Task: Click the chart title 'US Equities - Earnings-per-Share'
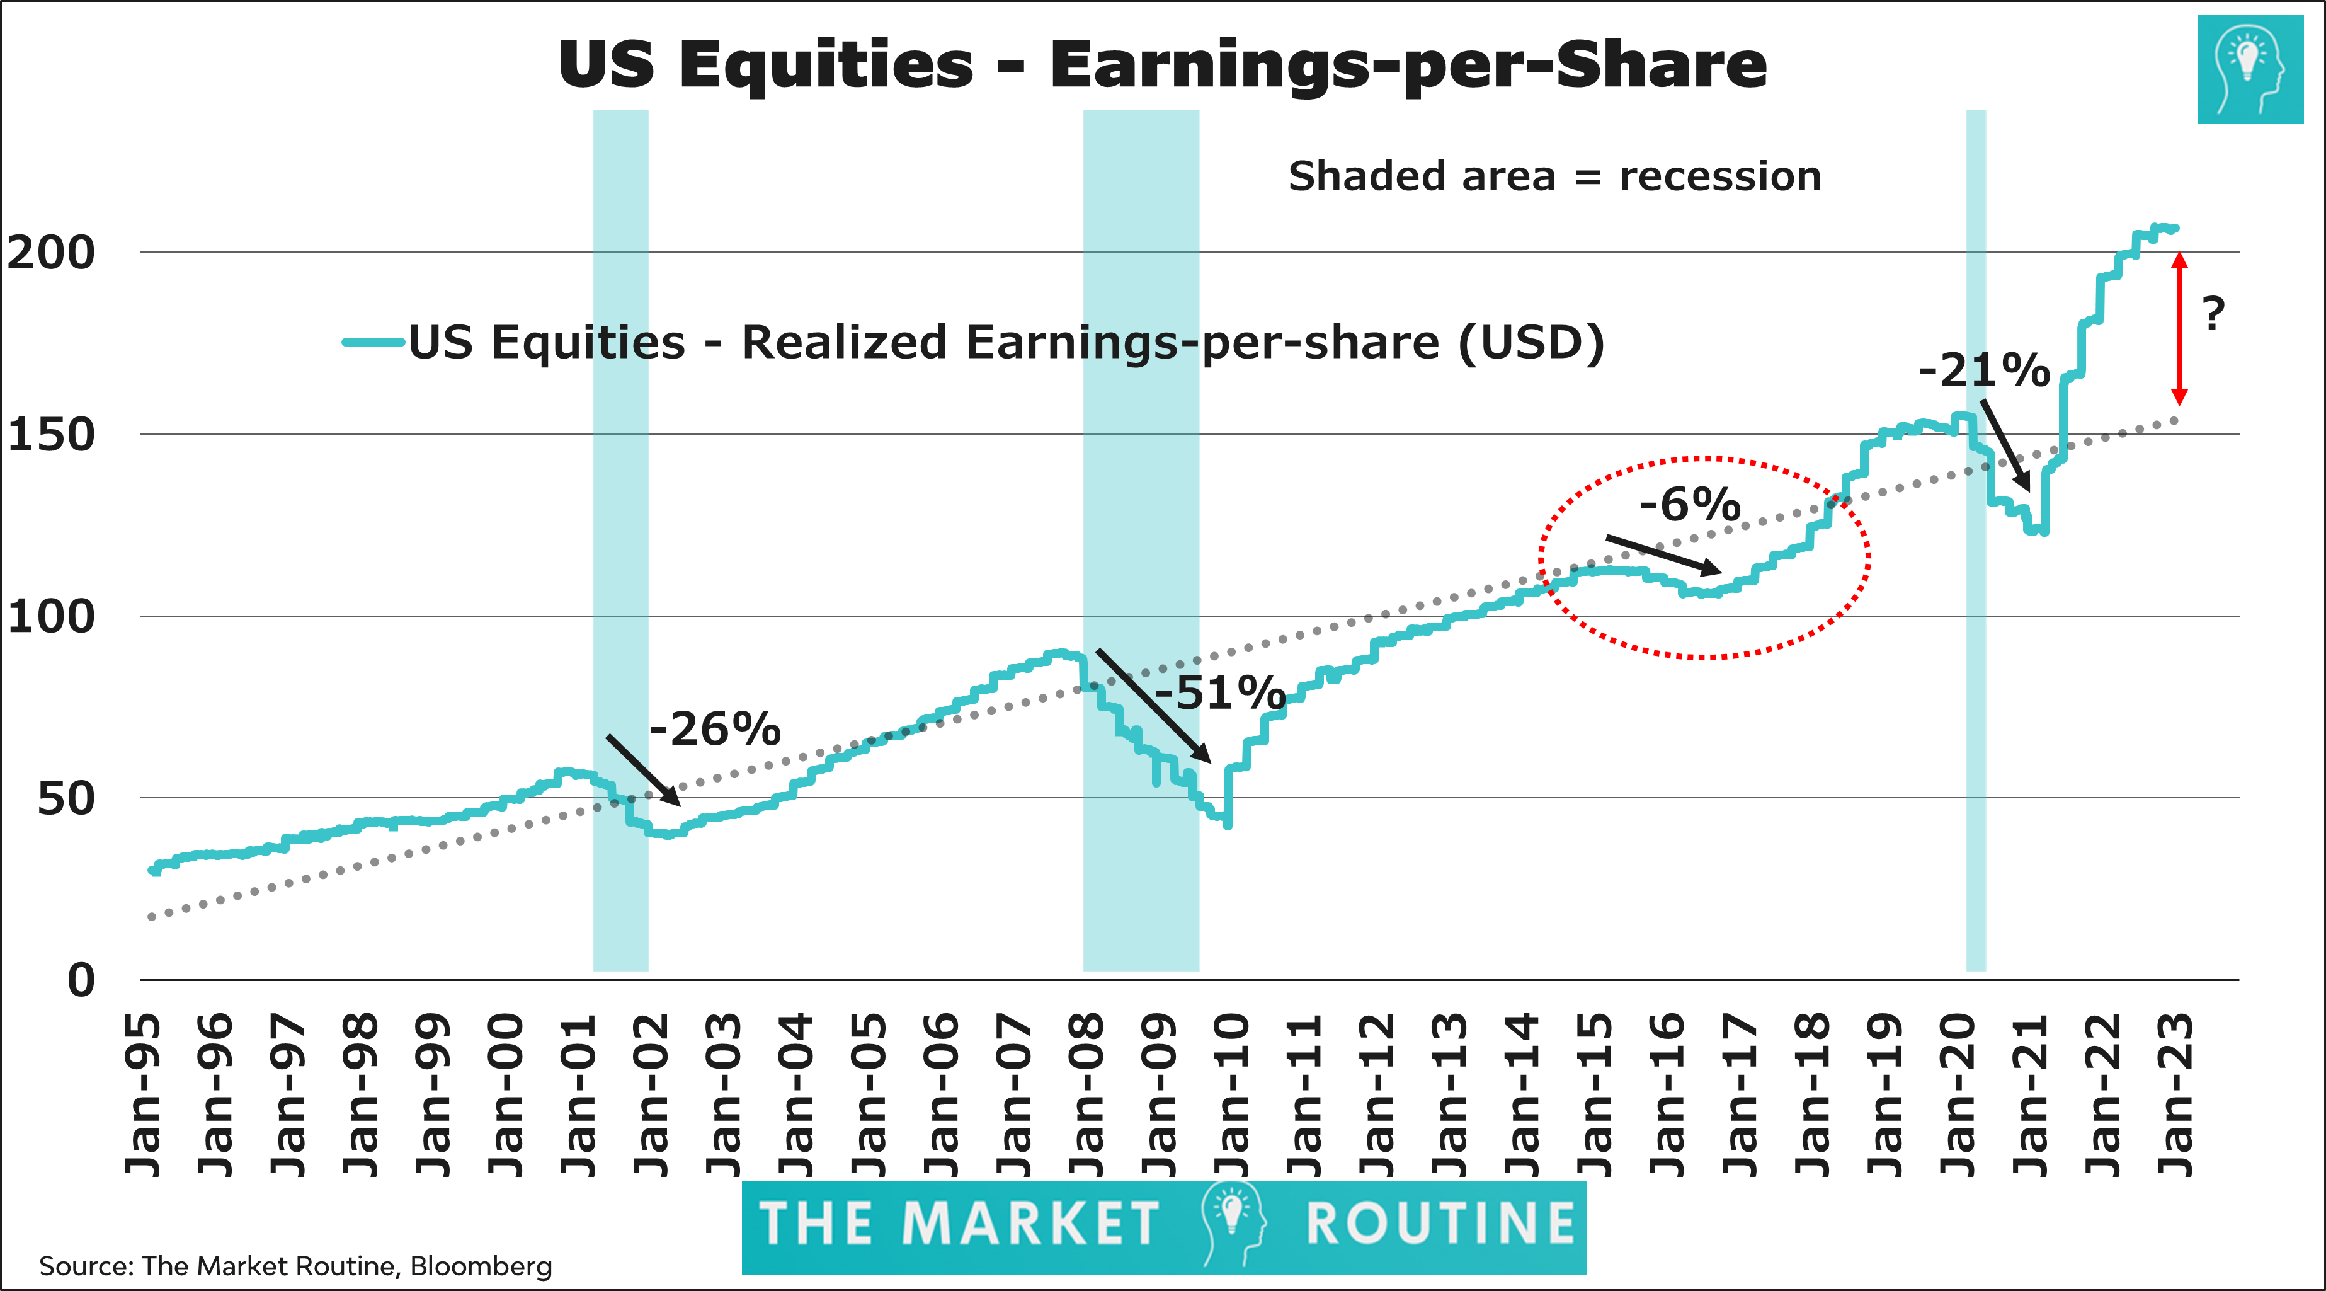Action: [1162, 65]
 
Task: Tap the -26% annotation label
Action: [715, 729]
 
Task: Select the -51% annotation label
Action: [1220, 694]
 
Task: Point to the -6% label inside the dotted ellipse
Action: [1689, 504]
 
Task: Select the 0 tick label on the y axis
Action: [81, 981]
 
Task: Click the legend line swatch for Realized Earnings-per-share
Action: [373, 342]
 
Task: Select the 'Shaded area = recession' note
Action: [1554, 176]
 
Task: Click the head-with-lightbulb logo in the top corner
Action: [2250, 69]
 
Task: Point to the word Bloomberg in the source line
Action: [481, 1266]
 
